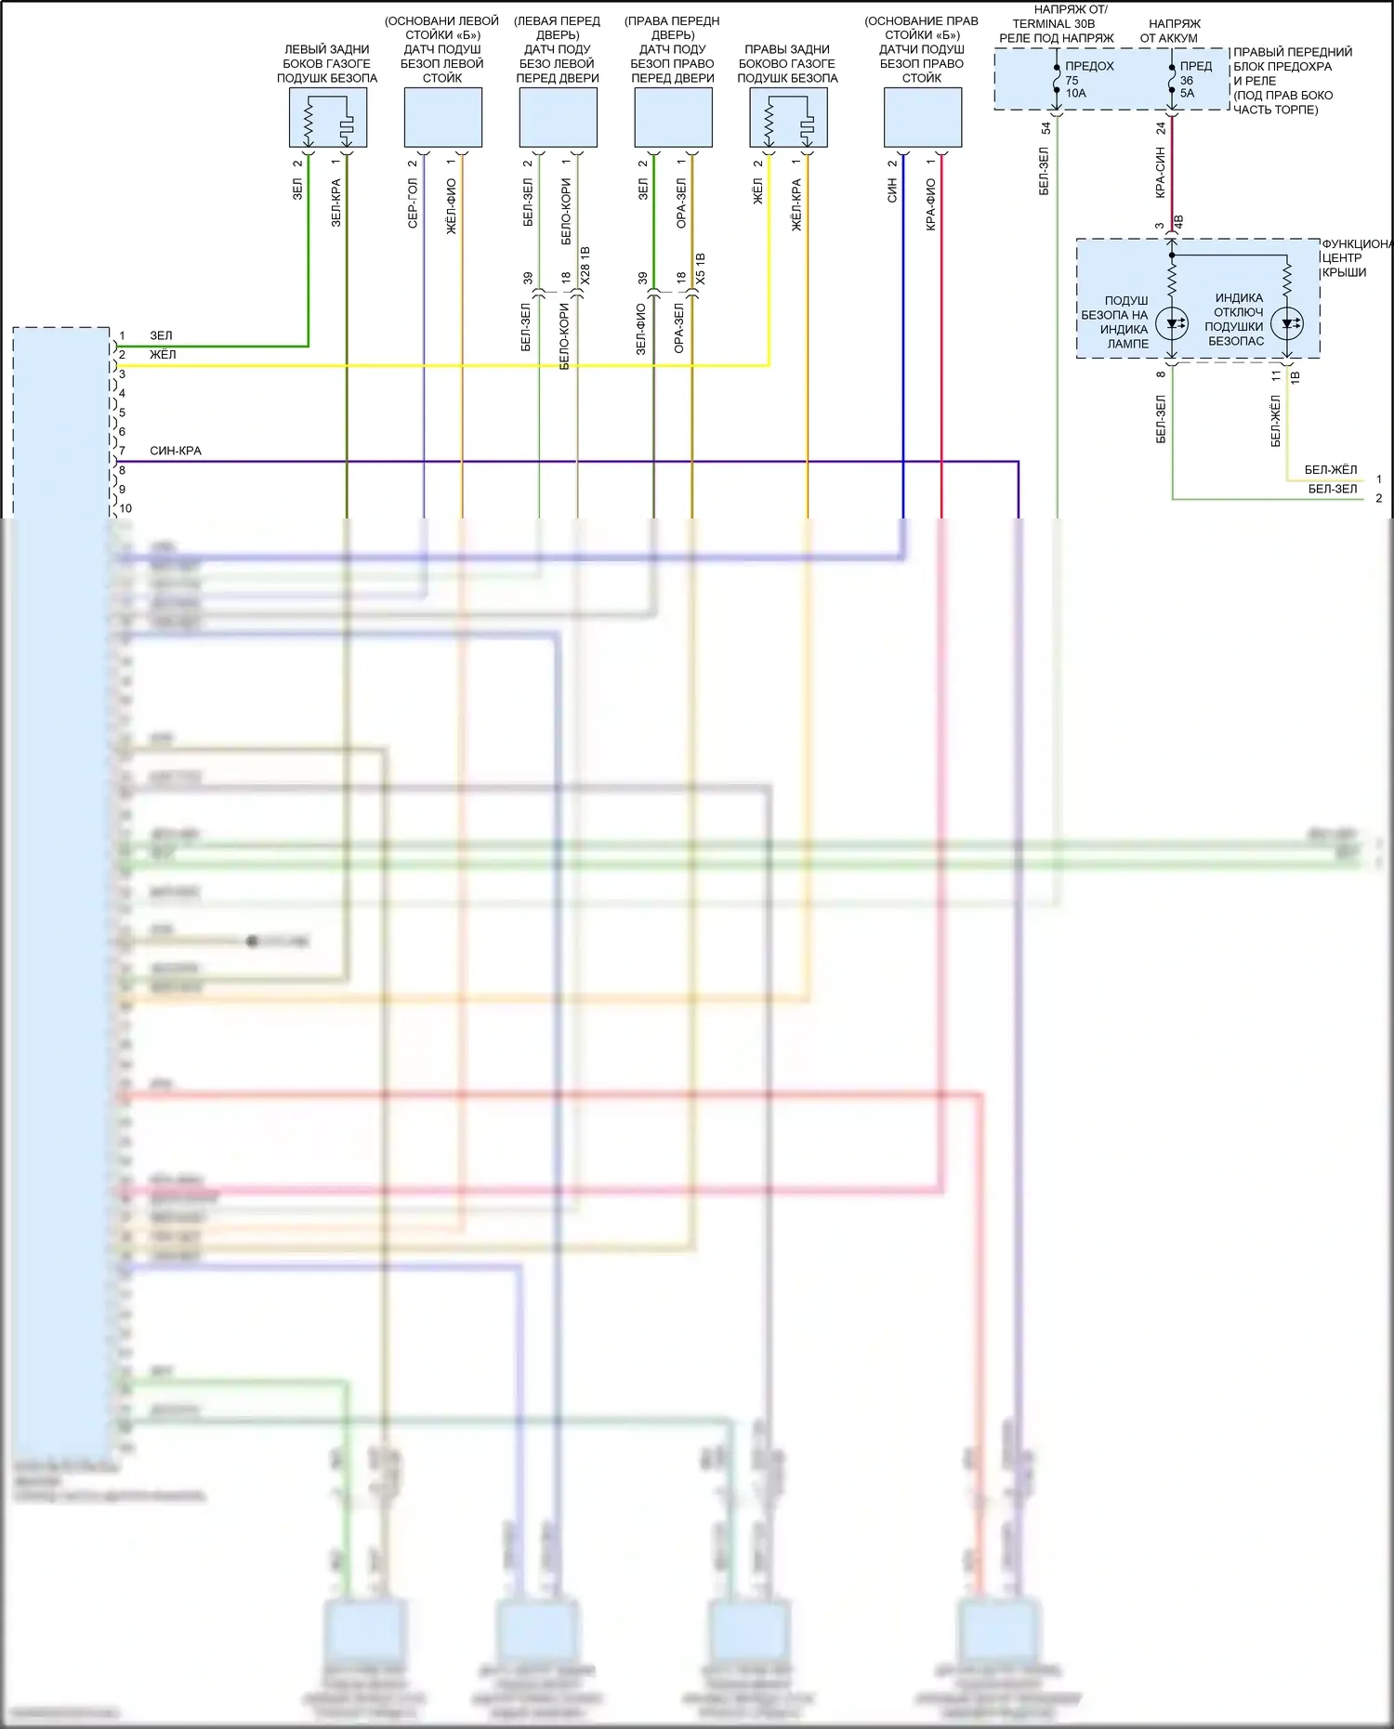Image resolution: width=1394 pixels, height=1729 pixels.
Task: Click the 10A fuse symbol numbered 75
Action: [x=1057, y=80]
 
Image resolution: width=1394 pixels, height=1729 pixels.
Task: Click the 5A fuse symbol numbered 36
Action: [x=1172, y=80]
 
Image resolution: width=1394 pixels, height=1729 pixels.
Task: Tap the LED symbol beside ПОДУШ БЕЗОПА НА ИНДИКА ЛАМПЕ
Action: [x=1172, y=323]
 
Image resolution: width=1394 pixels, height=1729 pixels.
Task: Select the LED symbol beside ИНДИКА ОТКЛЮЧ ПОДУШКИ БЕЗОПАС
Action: [x=1287, y=323]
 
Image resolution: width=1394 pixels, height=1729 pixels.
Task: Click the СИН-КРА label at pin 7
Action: [x=176, y=451]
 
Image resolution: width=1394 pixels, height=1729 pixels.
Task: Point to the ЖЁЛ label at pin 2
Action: [x=163, y=354]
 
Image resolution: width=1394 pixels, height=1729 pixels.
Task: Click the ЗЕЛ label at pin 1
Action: [x=161, y=335]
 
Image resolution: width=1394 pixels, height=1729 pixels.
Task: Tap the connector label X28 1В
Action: [x=585, y=265]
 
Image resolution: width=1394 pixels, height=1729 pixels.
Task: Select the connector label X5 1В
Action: [x=700, y=268]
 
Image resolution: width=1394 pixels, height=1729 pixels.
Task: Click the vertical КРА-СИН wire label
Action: [x=1160, y=172]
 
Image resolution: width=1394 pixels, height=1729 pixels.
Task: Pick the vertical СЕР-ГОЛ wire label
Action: [x=413, y=203]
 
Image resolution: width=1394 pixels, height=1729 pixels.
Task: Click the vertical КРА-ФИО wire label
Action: [x=930, y=204]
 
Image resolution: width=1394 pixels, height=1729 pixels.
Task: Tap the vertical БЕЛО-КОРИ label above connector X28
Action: [x=566, y=212]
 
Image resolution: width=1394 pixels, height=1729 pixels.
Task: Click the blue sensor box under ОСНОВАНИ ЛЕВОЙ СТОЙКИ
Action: [x=442, y=117]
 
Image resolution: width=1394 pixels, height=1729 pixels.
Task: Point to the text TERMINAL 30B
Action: [x=1053, y=24]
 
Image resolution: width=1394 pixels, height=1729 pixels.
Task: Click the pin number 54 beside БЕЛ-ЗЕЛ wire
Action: [x=1045, y=128]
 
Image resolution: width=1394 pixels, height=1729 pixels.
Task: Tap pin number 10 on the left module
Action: [x=125, y=508]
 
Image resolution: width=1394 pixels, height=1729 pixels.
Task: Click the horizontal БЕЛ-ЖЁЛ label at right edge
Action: [x=1330, y=469]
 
